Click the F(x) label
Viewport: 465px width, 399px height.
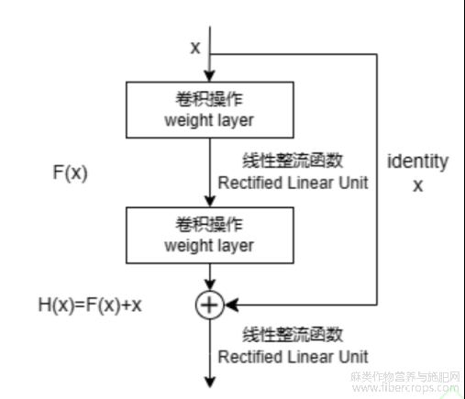point(71,172)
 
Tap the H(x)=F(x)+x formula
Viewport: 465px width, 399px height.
point(90,305)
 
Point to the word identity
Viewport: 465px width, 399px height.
point(417,161)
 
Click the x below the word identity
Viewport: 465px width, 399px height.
point(418,185)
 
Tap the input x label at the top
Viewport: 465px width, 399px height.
point(195,48)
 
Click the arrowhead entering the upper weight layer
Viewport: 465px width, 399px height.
point(210,76)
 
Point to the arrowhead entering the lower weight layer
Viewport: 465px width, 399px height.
point(210,201)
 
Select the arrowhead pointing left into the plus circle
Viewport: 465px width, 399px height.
point(232,305)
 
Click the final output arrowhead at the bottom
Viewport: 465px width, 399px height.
point(210,382)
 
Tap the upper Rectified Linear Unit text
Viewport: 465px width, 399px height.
point(293,183)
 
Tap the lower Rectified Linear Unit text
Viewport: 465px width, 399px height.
point(293,357)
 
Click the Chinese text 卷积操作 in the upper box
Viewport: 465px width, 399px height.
point(209,99)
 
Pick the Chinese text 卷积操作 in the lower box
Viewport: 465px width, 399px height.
point(209,225)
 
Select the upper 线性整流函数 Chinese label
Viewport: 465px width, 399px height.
point(293,161)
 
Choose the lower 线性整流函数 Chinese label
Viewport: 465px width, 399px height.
point(293,334)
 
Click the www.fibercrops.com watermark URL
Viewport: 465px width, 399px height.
point(405,388)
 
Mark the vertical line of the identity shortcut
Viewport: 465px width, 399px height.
point(377,180)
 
